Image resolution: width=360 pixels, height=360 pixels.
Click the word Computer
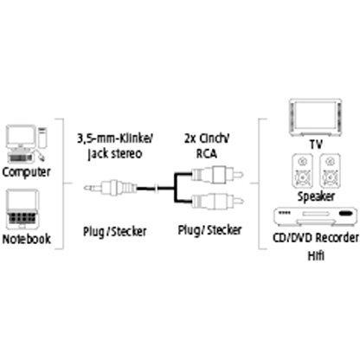click(x=26, y=172)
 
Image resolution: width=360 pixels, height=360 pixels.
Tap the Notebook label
click(x=26, y=239)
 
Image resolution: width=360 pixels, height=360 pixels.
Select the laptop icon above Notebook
click(x=22, y=209)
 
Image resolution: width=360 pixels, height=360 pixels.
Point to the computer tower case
click(x=42, y=138)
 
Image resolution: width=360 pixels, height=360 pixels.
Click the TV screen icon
click(x=315, y=118)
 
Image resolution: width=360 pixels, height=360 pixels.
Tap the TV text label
click(x=316, y=144)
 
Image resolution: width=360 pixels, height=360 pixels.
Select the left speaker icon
click(x=302, y=170)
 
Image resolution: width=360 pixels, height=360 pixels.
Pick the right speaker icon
click(x=330, y=170)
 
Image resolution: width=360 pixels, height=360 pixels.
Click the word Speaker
click(x=316, y=196)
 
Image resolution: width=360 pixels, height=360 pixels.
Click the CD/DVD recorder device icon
click(x=313, y=216)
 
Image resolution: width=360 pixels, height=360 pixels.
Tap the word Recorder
click(x=337, y=238)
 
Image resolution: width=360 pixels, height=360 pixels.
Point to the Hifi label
click(x=316, y=255)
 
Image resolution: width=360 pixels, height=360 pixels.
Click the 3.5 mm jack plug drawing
click(x=110, y=188)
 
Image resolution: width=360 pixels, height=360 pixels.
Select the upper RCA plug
click(x=218, y=174)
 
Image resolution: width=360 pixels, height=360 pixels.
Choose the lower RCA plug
click(x=218, y=201)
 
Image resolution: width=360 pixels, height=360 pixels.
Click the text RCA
click(x=207, y=153)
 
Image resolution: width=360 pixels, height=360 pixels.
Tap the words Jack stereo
click(x=115, y=154)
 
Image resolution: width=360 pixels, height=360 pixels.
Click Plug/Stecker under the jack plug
click(x=115, y=232)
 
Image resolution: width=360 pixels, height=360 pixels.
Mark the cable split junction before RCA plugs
click(x=175, y=188)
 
